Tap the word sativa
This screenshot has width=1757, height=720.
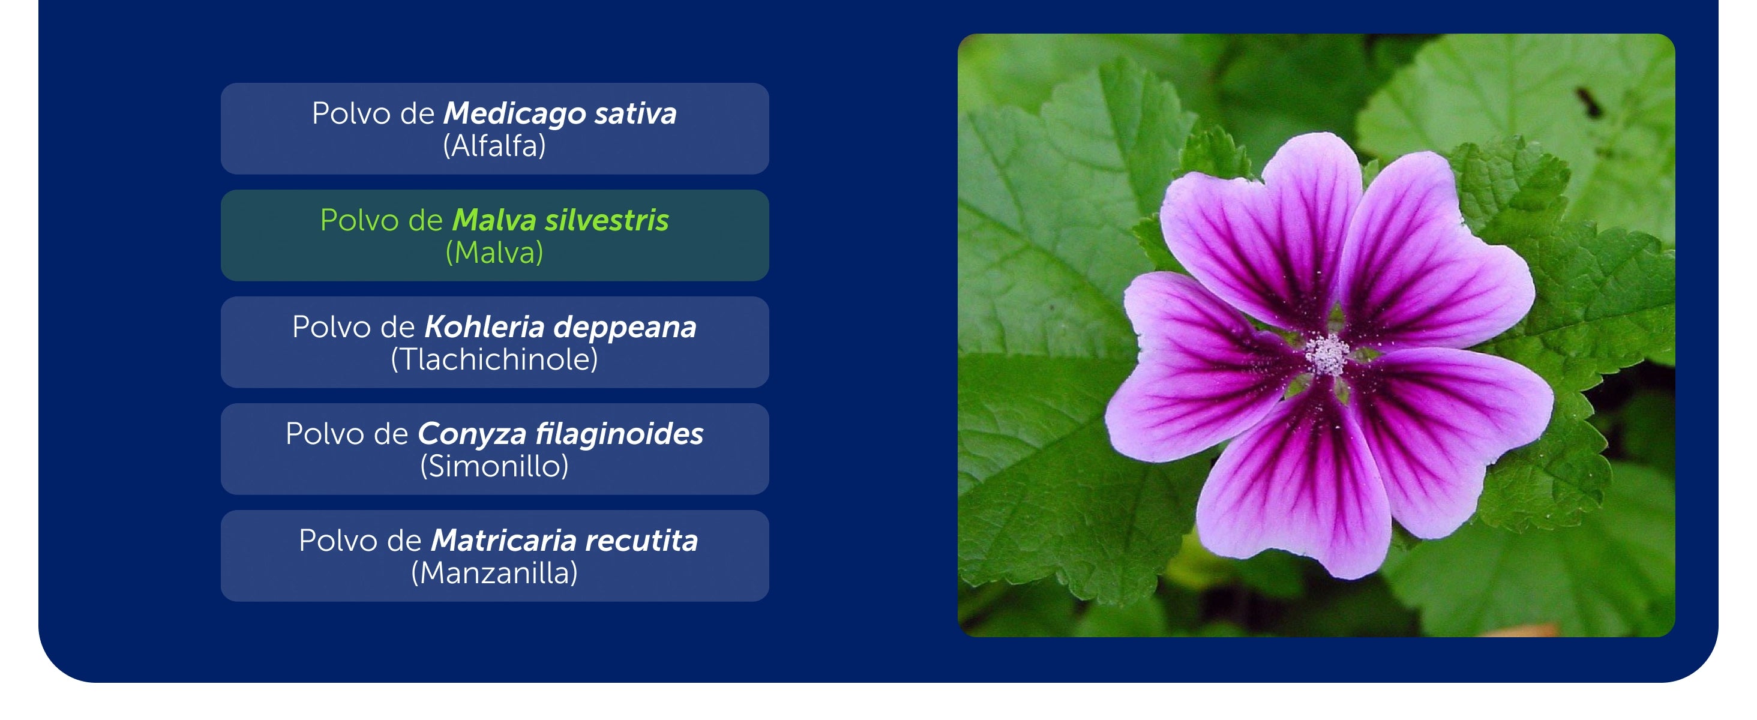pos(635,113)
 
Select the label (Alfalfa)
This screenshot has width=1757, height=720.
pos(494,145)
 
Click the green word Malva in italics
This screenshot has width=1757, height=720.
pos(494,220)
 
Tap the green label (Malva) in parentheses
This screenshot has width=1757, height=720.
pos(494,252)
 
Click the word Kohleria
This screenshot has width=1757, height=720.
pos(484,327)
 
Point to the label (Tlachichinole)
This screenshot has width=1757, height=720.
pos(494,359)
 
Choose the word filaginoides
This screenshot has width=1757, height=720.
pos(619,434)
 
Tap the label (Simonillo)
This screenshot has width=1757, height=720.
pos(494,466)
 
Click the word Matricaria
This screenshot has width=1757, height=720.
pos(504,541)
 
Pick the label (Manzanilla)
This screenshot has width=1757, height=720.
pos(494,573)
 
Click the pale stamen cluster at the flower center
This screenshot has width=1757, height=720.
pos(1327,355)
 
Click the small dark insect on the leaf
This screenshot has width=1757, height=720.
pos(1588,102)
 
